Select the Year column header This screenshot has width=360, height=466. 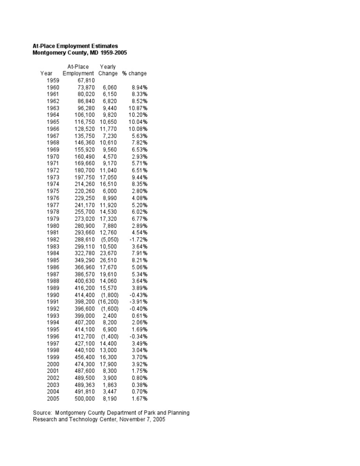tap(46, 74)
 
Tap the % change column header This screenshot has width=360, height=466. tap(134, 74)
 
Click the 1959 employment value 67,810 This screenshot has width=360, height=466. tap(85, 81)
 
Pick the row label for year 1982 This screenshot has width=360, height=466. tap(53, 240)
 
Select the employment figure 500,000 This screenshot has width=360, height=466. tap(84, 398)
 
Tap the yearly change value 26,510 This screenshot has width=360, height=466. tap(109, 260)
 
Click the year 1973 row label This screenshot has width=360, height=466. tap(53, 177)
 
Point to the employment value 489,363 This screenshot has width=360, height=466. tap(84, 385)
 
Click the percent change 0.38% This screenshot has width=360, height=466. tap(139, 385)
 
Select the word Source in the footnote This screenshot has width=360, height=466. tap(42, 413)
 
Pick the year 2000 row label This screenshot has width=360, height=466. tap(53, 364)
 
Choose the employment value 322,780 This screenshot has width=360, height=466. tap(84, 254)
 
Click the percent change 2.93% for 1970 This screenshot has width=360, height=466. tap(139, 157)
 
